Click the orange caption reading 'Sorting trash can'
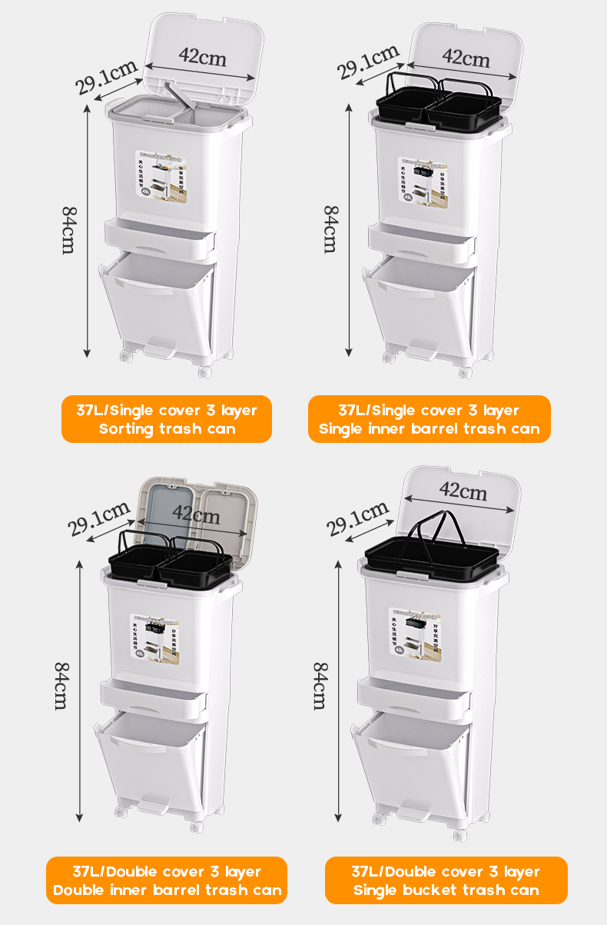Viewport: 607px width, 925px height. point(167,429)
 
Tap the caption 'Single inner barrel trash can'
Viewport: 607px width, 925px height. point(429,429)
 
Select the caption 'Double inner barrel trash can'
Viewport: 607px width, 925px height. point(167,890)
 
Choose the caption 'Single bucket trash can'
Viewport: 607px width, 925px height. point(446,890)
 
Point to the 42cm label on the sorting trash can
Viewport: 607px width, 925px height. point(202,56)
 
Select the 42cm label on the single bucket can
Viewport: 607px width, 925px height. point(463,489)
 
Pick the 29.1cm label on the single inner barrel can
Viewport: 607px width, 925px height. point(369,62)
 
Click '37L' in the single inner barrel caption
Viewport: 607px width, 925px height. point(352,411)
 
